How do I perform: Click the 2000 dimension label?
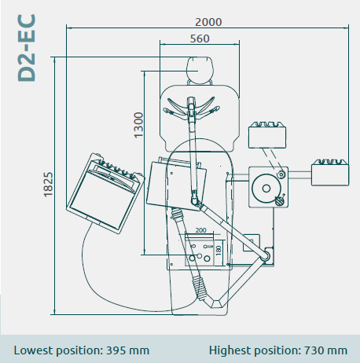tap(208, 22)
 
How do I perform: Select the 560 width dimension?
tap(200, 38)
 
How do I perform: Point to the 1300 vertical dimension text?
tap(138, 125)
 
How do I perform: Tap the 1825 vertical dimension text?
tap(48, 185)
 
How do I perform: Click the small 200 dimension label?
tap(200, 230)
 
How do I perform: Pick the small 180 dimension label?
tap(219, 250)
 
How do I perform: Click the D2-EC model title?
tap(27, 48)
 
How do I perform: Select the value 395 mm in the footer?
tap(127, 350)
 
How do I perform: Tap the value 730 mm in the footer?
tap(325, 350)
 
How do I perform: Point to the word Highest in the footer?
tap(230, 350)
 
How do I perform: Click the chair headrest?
tap(200, 70)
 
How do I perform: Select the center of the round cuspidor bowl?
tap(266, 189)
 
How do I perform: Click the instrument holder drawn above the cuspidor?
tap(267, 135)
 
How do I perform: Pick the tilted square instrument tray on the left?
tap(105, 193)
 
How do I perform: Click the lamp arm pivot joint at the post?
tap(266, 255)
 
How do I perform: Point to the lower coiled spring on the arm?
tap(199, 288)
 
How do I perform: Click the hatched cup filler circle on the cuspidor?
tap(279, 201)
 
